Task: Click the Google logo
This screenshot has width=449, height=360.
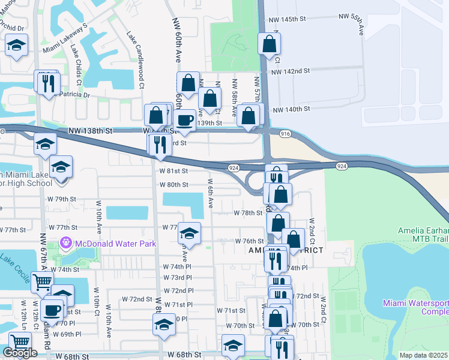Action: click(x=20, y=353)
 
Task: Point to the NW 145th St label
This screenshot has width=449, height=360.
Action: click(x=289, y=20)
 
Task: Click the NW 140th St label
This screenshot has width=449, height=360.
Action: click(x=291, y=109)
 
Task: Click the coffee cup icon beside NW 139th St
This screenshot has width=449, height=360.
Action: click(x=184, y=119)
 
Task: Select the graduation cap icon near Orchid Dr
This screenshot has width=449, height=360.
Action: click(x=16, y=44)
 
